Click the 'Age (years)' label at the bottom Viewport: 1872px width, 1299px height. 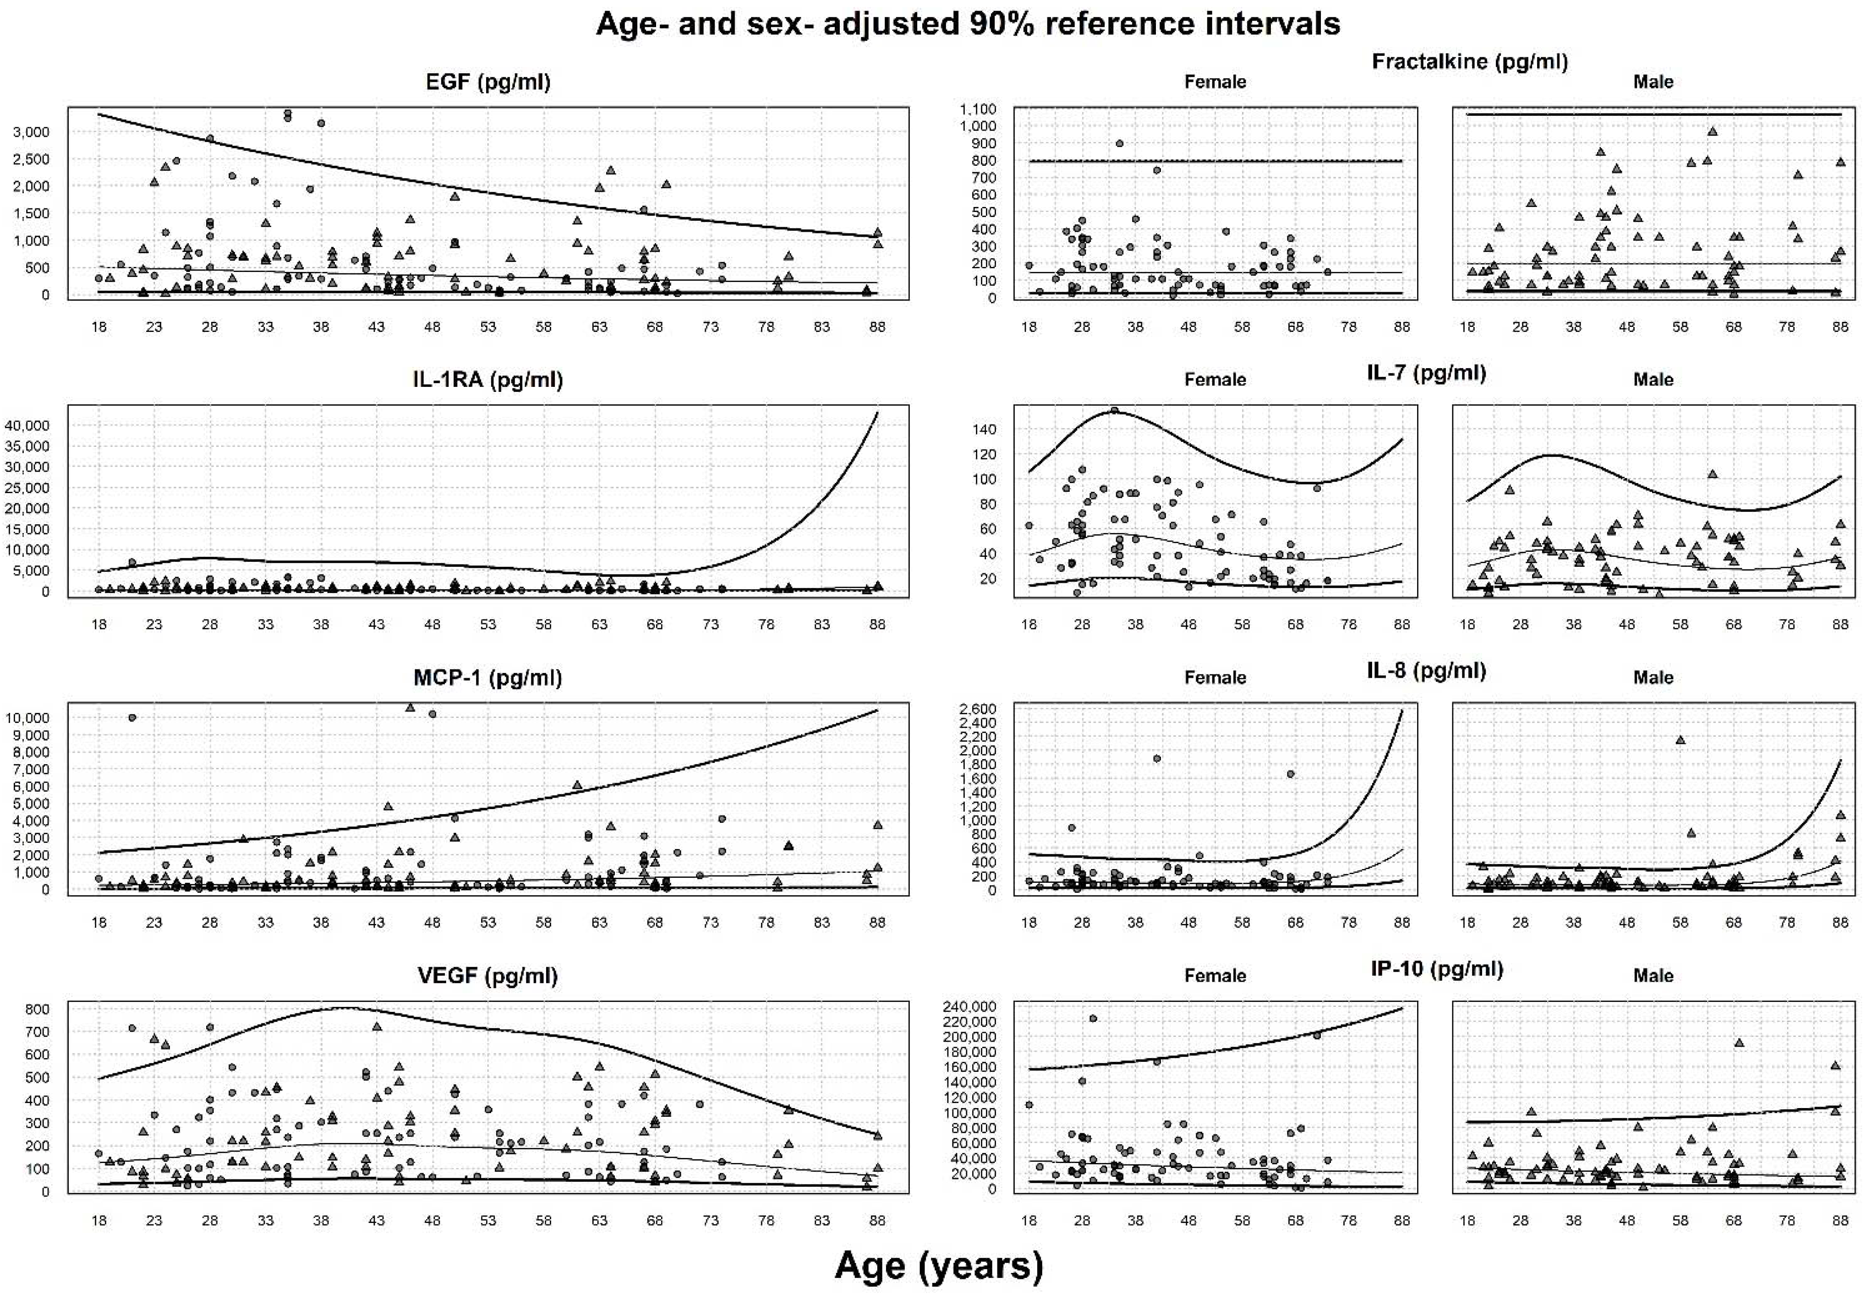pos(938,1266)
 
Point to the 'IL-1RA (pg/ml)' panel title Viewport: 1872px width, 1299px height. pos(488,379)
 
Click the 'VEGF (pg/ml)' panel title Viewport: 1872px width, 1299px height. pos(488,975)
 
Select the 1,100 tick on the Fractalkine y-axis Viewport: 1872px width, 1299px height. pos(977,109)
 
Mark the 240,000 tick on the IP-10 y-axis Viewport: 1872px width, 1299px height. pos(969,1007)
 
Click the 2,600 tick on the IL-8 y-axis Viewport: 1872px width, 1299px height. pos(977,709)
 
